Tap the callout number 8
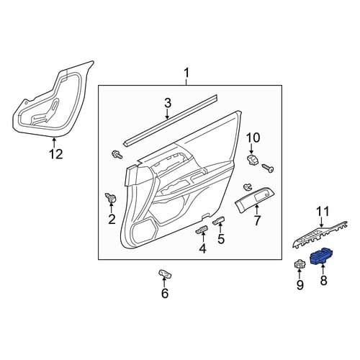click(324, 280)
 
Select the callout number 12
click(55, 154)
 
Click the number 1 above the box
click(186, 73)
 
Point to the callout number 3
click(168, 103)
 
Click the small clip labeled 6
click(165, 274)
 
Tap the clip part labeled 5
click(219, 220)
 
